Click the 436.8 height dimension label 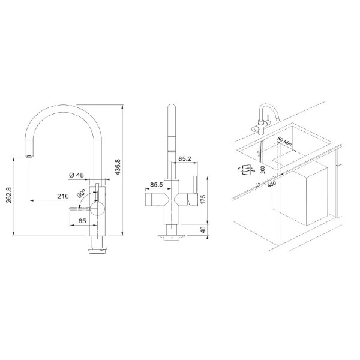coord(118,167)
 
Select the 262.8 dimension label coord(9,195)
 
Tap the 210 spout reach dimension coord(63,196)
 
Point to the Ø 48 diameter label coord(76,175)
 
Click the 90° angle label coord(81,193)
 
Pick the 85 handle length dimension coord(82,221)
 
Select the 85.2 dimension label coord(185,158)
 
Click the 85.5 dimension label coord(156,185)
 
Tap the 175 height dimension coord(203,199)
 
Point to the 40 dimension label coord(203,229)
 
